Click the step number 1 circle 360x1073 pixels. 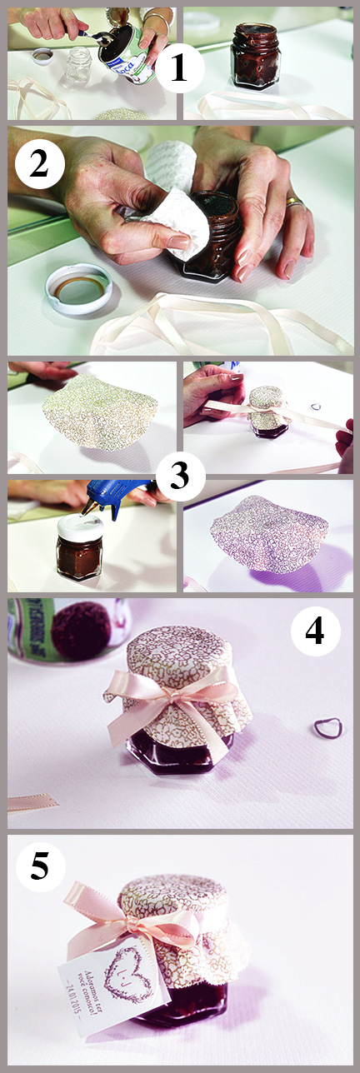[179, 68]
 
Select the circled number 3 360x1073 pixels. [179, 476]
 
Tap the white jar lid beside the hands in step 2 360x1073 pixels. [77, 287]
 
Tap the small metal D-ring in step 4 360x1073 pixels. [327, 728]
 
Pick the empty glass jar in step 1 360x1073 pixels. [77, 67]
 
